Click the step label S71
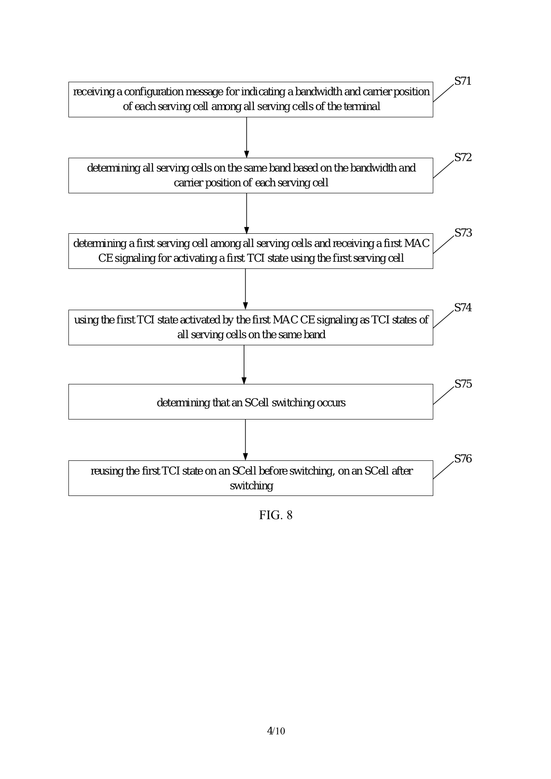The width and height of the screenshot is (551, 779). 463,81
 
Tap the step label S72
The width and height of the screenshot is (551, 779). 463,158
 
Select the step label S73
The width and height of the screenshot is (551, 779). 463,233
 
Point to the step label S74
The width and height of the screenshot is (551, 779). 463,308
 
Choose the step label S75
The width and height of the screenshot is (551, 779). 463,384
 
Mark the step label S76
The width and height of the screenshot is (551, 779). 463,459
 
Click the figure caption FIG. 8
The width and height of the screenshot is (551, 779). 275,515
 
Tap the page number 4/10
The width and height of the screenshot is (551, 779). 275,731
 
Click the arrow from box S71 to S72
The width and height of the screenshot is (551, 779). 247,137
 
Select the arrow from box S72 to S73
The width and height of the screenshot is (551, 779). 247,213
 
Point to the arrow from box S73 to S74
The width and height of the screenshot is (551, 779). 245,289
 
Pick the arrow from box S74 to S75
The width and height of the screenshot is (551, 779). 244,364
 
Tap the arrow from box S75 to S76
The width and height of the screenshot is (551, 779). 245,440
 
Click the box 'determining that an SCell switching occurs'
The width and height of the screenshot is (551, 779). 251,402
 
